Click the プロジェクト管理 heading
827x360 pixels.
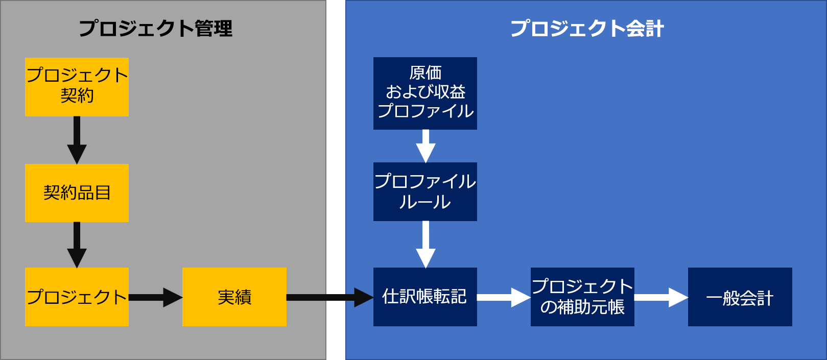(155, 29)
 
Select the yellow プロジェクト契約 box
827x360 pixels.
(77, 87)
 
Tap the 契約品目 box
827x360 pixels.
(77, 193)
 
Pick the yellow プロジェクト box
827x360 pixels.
(77, 297)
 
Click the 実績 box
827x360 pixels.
(234, 297)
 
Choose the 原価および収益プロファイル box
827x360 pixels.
(425, 93)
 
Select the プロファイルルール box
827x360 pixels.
(425, 191)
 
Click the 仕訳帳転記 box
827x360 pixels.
(425, 297)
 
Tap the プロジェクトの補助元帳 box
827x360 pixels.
(582, 297)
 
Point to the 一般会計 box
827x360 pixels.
(740, 297)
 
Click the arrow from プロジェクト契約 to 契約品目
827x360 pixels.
(77, 139)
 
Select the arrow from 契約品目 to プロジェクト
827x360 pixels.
(77, 244)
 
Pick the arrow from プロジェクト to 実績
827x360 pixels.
(155, 297)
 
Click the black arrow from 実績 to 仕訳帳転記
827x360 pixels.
(329, 297)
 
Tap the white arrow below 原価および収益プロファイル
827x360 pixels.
(426, 146)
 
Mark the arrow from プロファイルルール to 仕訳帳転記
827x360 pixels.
(426, 244)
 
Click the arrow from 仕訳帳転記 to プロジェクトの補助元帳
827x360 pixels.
(503, 297)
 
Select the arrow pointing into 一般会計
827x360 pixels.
(660, 297)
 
